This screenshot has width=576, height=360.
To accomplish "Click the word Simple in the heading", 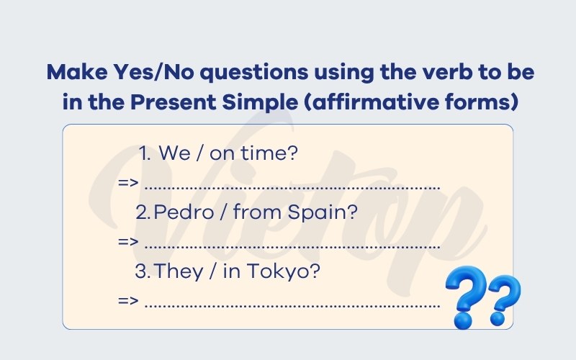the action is coord(260,103).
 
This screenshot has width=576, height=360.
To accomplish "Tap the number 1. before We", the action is coord(145,153).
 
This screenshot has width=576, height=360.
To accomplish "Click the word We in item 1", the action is coord(174,153).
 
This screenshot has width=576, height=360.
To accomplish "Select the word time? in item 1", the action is coord(269,153).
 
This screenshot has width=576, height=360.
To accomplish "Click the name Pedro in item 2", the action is coord(184,212).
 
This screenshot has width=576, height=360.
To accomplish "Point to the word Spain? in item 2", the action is coord(322,212).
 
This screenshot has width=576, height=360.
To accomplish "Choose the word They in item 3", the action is coord(179,272).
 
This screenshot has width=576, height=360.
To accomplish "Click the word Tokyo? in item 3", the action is coord(283,272).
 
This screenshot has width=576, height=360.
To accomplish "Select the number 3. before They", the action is coord(143,271).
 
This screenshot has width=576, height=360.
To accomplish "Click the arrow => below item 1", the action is coord(128,182).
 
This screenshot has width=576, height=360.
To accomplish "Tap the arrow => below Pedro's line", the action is coord(128,241).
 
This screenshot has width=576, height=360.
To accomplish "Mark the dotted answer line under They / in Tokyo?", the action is coord(292,305).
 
